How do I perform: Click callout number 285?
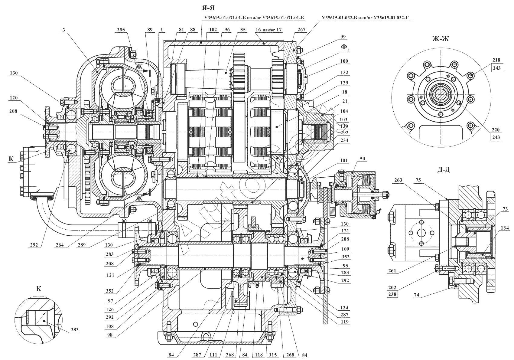coord(123,30)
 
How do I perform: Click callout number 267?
coord(301,30)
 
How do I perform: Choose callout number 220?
coord(496,130)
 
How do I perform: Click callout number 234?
coord(344,140)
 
